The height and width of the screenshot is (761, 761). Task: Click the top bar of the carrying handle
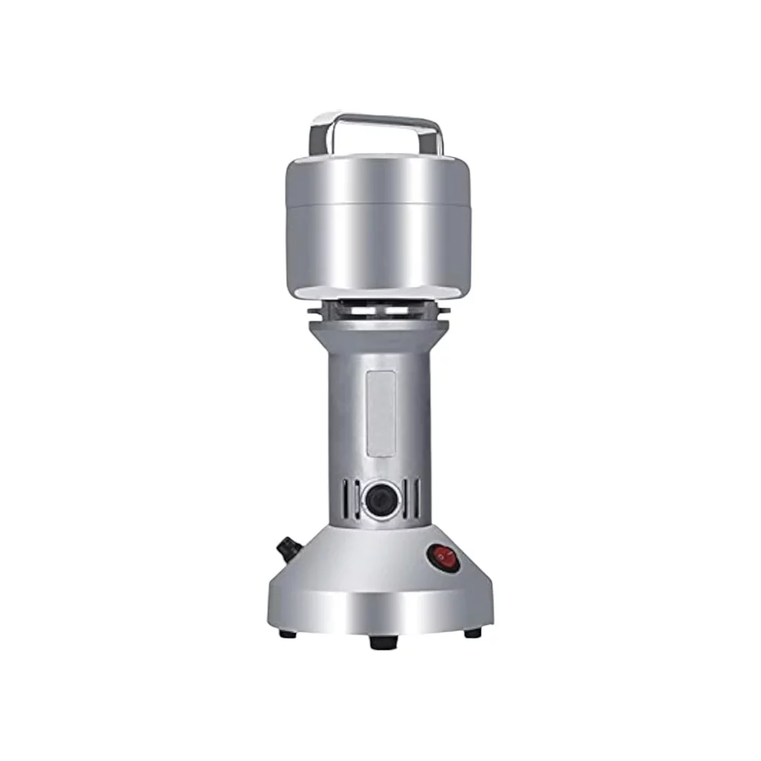377,118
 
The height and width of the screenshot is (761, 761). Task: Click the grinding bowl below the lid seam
377,244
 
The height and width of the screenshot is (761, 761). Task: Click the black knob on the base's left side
287,547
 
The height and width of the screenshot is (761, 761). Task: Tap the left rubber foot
288,632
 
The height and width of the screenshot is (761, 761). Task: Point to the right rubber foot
473,632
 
